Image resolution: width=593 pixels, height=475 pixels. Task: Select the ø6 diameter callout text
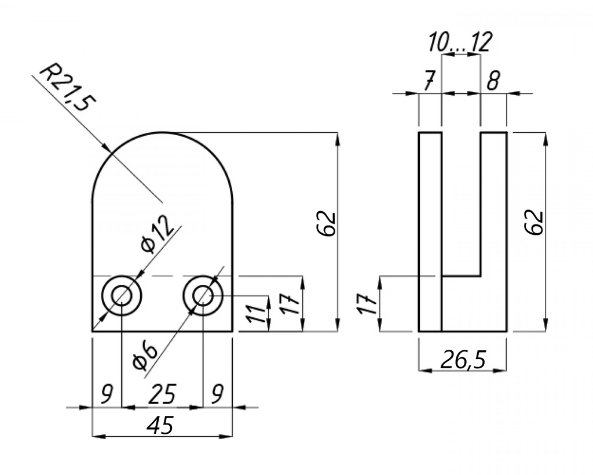(x=144, y=355)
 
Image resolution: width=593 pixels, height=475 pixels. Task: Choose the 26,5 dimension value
(x=462, y=360)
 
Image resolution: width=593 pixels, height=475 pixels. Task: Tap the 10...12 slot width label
(x=460, y=42)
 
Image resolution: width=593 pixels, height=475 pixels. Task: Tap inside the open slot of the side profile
(x=461, y=203)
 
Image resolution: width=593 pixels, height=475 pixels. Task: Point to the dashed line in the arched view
(x=162, y=276)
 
